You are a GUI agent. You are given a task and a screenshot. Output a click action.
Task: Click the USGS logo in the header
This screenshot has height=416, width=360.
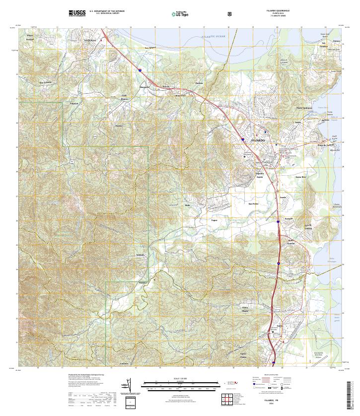pyautogui.click(x=77, y=12)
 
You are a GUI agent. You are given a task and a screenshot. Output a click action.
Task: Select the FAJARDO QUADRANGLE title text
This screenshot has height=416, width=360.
pyautogui.click(x=281, y=10)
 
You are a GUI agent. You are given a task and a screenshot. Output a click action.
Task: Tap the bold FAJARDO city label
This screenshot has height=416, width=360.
pyautogui.click(x=259, y=140)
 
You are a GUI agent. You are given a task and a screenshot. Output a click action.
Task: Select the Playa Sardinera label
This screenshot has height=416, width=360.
pyautogui.click(x=304, y=108)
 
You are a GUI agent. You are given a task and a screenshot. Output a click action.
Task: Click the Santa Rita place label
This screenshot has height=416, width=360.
pyautogui.click(x=300, y=177)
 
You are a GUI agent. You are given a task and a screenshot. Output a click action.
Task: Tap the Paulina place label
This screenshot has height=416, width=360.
pyautogui.click(x=199, y=83)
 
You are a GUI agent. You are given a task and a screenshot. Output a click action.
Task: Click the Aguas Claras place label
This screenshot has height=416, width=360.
pyautogui.click(x=257, y=356)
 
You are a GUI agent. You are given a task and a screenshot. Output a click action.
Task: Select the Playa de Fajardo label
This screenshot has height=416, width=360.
pyautogui.click(x=327, y=144)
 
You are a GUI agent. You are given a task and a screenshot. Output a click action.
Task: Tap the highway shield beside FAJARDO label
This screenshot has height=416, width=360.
pyautogui.click(x=242, y=140)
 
